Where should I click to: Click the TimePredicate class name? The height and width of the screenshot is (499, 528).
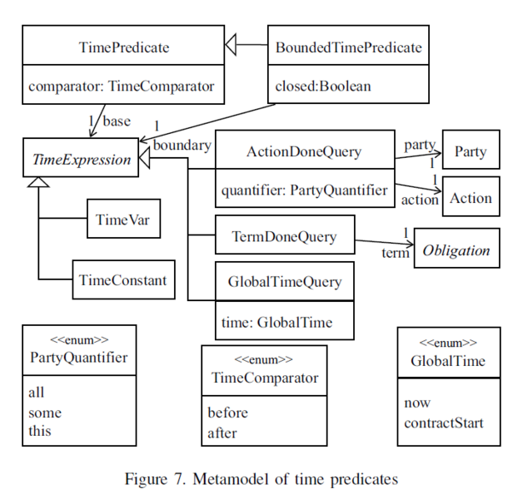124,47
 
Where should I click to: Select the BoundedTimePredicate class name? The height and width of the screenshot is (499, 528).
348,47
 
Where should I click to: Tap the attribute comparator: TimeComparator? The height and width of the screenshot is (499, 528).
122,86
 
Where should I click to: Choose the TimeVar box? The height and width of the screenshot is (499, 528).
122,220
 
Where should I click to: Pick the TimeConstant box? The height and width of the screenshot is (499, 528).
122,280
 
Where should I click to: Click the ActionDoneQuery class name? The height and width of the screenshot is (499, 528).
304,151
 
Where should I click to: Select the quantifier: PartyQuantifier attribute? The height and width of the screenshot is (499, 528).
304,190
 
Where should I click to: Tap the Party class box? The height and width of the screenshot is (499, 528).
471,153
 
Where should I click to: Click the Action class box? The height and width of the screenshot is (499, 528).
471,199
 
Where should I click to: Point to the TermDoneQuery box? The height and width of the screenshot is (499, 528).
285,237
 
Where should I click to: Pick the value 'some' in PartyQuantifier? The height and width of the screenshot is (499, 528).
45,412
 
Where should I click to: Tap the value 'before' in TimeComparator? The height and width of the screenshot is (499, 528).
228,413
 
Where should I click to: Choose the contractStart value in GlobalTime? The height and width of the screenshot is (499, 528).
444,422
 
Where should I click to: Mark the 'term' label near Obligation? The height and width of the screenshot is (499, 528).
395,253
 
